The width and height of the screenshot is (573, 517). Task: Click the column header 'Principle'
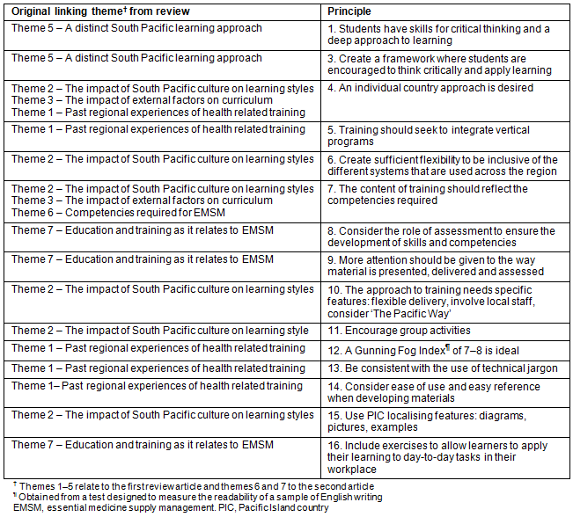[x=349, y=11]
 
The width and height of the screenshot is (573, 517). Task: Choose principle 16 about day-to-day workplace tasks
[x=437, y=457]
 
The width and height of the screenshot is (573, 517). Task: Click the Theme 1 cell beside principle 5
[x=158, y=129]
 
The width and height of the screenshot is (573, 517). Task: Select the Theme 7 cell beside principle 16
[x=143, y=445]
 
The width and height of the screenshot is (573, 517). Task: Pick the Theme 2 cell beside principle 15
[x=163, y=415]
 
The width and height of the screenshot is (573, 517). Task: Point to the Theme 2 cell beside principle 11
[x=160, y=331]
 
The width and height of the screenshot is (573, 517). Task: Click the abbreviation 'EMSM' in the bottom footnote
[x=26, y=507]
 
